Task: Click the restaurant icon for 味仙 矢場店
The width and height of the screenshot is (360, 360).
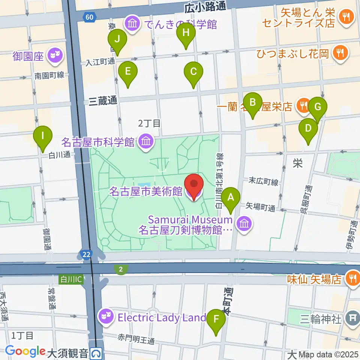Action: coord(352,279)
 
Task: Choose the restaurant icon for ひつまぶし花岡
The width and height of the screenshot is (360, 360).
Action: coord(340,53)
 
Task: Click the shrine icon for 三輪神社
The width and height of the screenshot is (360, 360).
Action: coord(352,318)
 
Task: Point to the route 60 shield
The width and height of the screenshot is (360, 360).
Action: coord(90,17)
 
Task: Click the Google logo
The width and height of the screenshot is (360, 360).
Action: coord(25,351)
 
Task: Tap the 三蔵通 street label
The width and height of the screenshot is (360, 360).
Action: coord(103,100)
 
